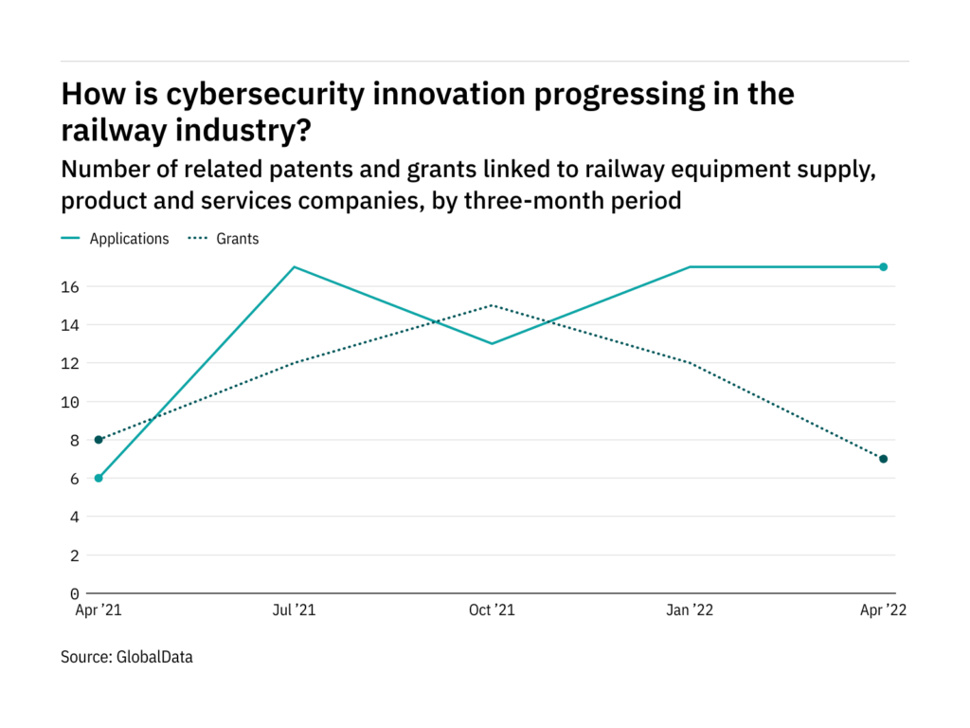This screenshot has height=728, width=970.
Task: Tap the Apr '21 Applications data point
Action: [x=99, y=478]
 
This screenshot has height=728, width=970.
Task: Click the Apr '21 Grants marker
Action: [x=99, y=440]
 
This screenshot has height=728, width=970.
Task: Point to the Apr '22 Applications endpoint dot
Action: [x=883, y=267]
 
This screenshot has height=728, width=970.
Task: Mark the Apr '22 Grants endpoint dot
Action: [x=883, y=459]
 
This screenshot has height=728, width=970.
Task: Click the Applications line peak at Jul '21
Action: [x=295, y=267]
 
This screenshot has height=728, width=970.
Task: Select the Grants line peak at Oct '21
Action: [x=491, y=305]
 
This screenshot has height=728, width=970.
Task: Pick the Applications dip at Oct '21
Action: [x=491, y=343]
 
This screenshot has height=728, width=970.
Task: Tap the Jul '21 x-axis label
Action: [x=295, y=611]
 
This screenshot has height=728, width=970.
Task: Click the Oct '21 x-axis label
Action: [x=491, y=611]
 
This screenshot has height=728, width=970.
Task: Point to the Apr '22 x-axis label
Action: [x=883, y=611]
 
